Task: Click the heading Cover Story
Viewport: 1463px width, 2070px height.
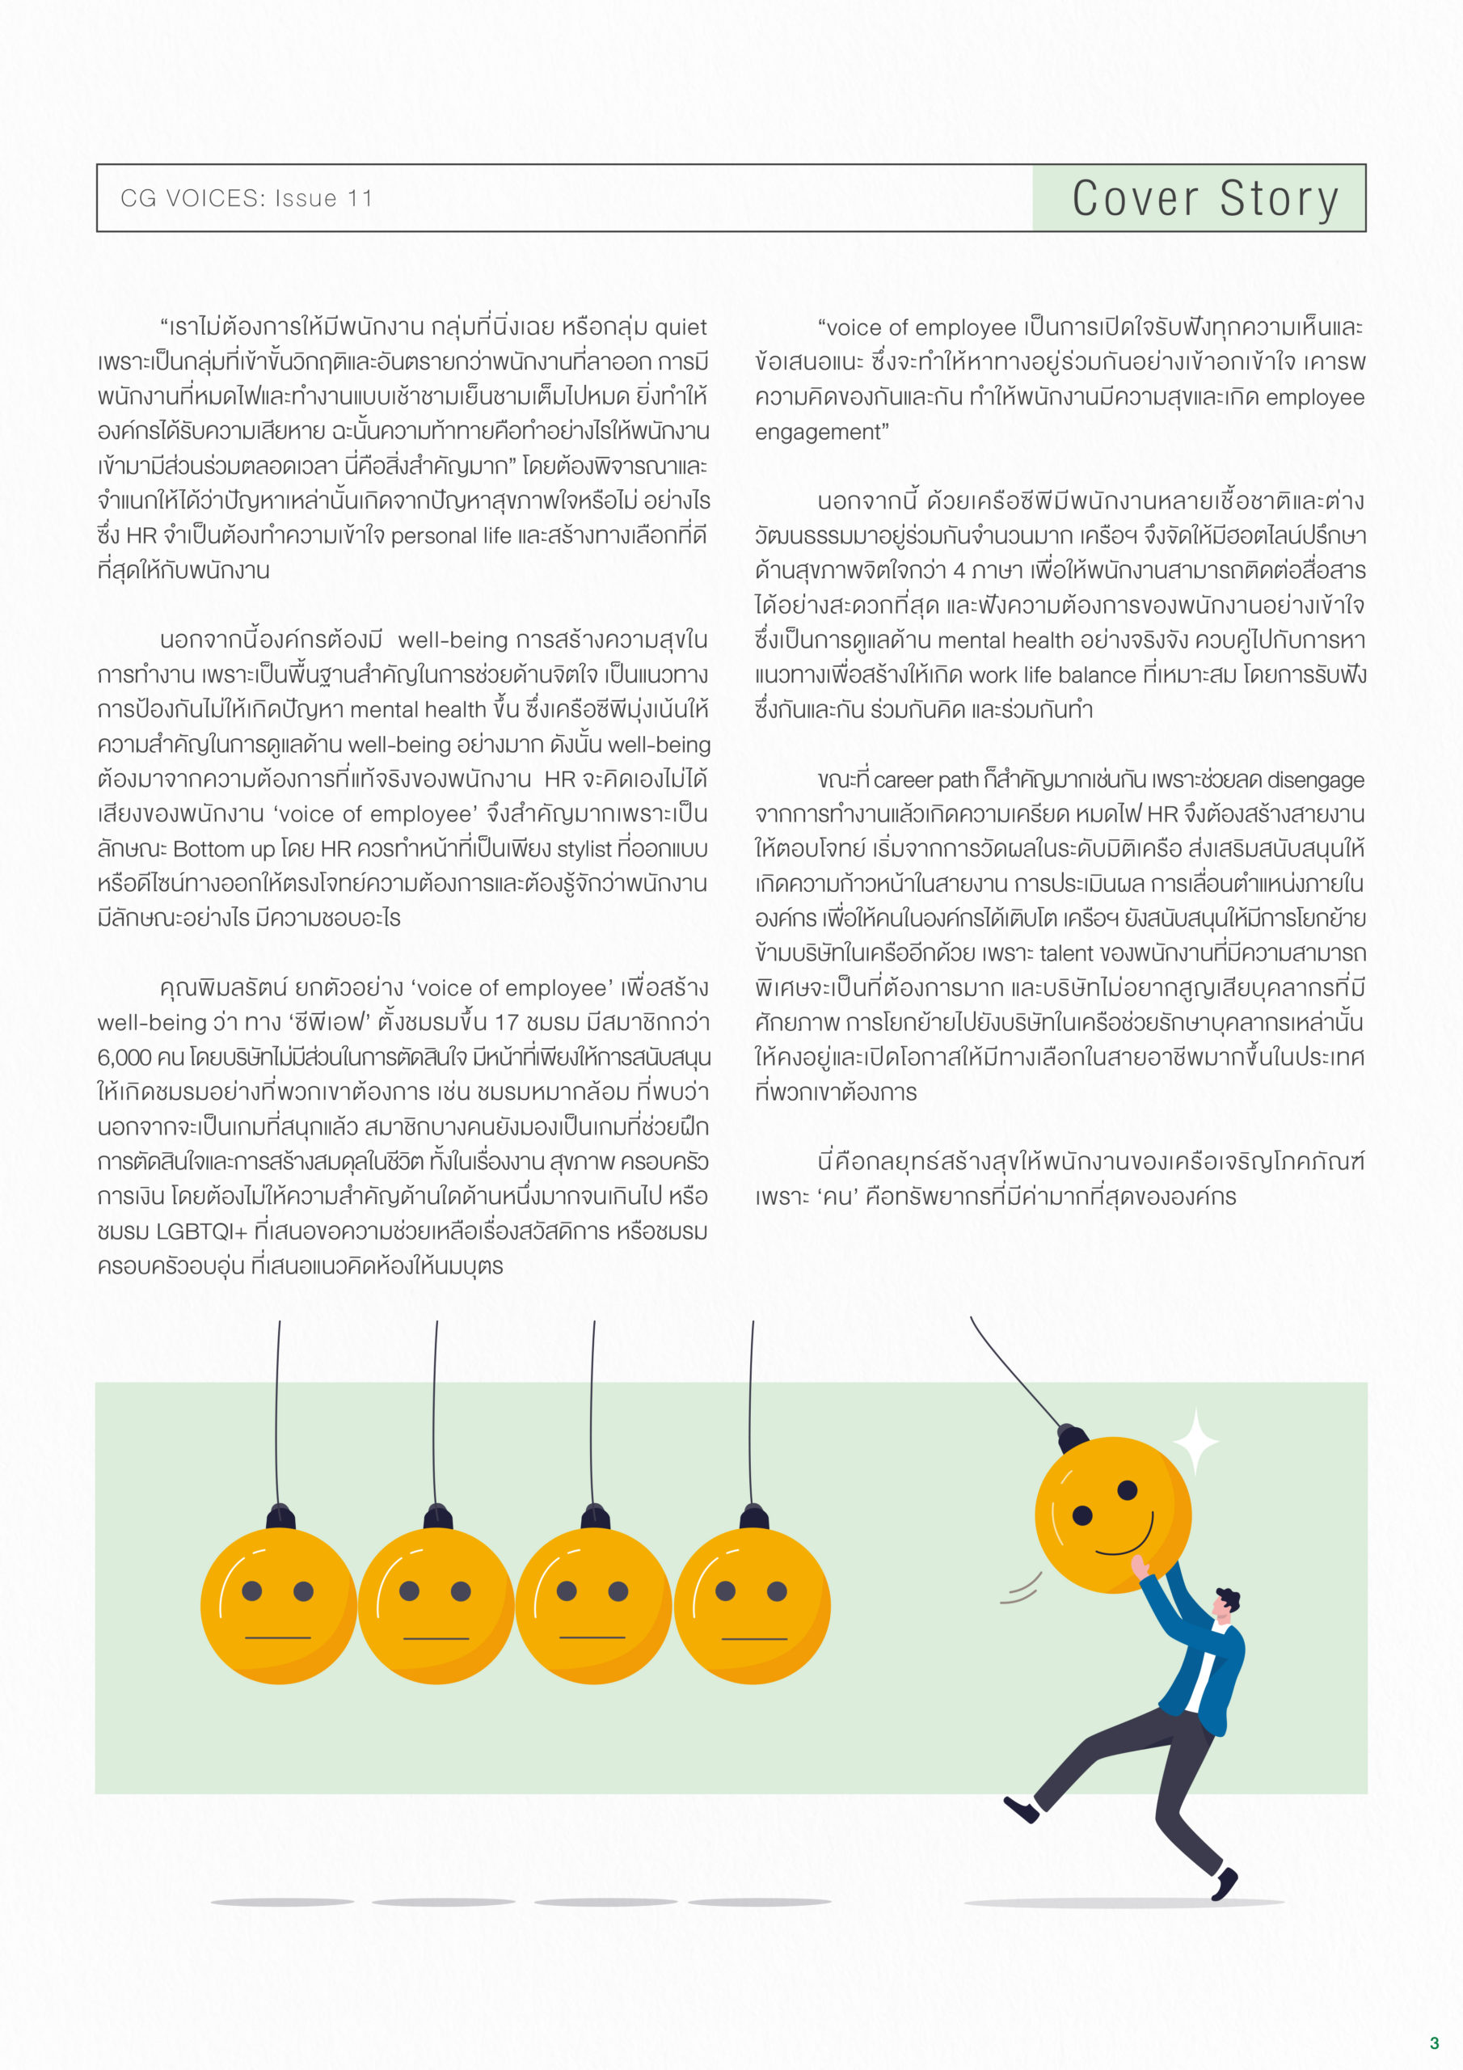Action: click(x=1205, y=198)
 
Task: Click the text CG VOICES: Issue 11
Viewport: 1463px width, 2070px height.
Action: click(x=246, y=198)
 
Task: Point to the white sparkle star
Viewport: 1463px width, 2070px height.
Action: click(x=1196, y=1442)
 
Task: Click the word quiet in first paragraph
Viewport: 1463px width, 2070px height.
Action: click(x=681, y=327)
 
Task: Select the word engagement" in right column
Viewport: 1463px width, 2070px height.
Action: click(x=821, y=432)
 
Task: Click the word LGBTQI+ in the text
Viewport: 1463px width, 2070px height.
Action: click(x=202, y=1231)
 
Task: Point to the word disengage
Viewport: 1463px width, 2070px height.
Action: click(x=1314, y=779)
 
